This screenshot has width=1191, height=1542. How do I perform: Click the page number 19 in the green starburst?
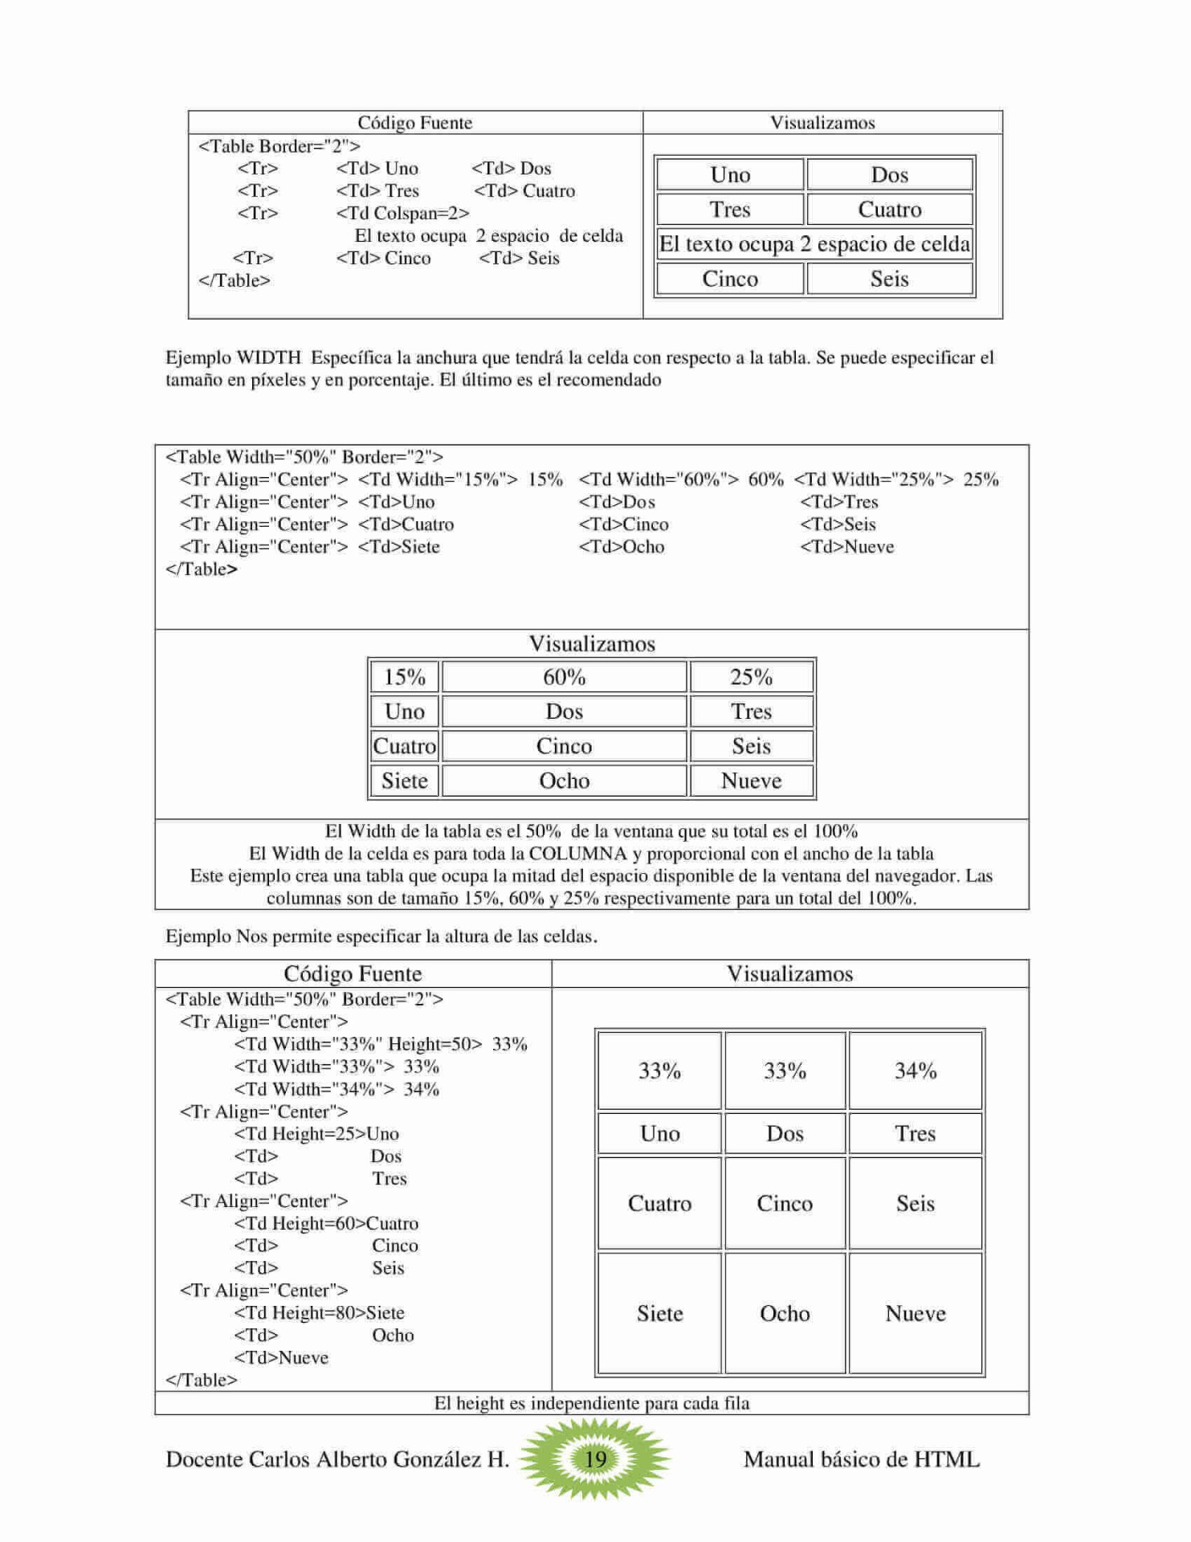coord(595,1458)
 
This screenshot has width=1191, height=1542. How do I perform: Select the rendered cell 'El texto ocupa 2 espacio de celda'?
coord(814,244)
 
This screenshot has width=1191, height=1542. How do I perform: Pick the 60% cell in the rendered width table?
coord(564,677)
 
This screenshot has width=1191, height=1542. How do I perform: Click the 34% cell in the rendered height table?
coord(915,1071)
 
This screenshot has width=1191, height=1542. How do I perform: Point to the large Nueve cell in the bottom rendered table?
coord(915,1314)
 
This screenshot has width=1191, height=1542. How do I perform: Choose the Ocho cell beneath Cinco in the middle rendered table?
coord(564,781)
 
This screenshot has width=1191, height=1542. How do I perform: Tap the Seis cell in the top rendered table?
coord(889,279)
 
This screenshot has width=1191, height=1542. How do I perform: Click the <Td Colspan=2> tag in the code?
coord(402,214)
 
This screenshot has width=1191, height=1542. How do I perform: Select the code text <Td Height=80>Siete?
coord(319,1313)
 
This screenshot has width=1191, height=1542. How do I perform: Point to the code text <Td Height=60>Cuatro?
coord(326,1224)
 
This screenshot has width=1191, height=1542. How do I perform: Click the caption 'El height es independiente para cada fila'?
coord(591,1404)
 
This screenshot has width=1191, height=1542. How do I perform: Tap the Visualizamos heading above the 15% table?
coord(591,644)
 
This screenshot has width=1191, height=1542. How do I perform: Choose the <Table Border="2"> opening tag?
coord(279,146)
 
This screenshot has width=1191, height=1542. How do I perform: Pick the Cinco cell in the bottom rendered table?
coord(784,1204)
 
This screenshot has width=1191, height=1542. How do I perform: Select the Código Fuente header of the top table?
coord(414,123)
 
